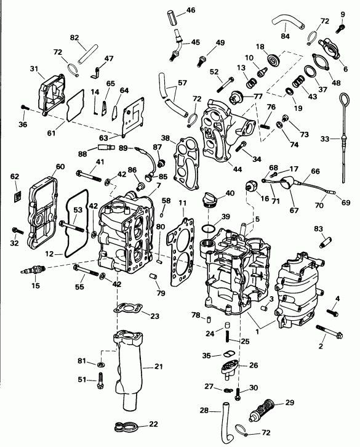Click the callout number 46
[190, 10]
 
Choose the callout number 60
[60, 167]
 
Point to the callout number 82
[76, 38]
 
